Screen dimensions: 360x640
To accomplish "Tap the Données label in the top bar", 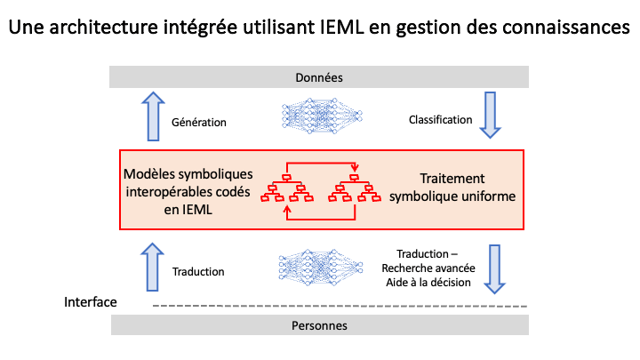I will [319, 77].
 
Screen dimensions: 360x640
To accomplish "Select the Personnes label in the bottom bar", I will [319, 325].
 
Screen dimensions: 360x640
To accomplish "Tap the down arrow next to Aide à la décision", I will [495, 268].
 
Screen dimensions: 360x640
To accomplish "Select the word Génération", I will [199, 123].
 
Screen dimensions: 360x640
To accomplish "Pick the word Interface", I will [91, 302].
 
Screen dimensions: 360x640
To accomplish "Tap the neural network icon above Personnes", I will [321, 268].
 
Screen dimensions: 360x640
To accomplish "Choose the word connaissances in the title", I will [564, 28].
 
